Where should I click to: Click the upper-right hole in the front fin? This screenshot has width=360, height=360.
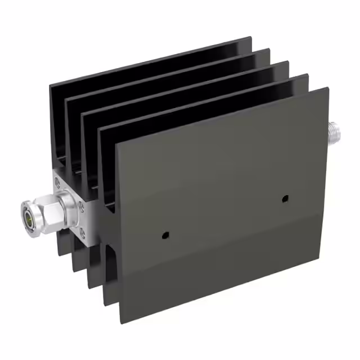[x=285, y=199]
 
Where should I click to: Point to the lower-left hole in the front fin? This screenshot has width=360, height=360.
[x=164, y=235]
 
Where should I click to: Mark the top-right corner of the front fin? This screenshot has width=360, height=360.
[x=328, y=88]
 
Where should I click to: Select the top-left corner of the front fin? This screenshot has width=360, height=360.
[x=116, y=144]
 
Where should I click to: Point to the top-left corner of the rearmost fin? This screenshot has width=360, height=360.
[x=50, y=87]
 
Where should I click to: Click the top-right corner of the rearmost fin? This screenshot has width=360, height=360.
[x=250, y=38]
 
